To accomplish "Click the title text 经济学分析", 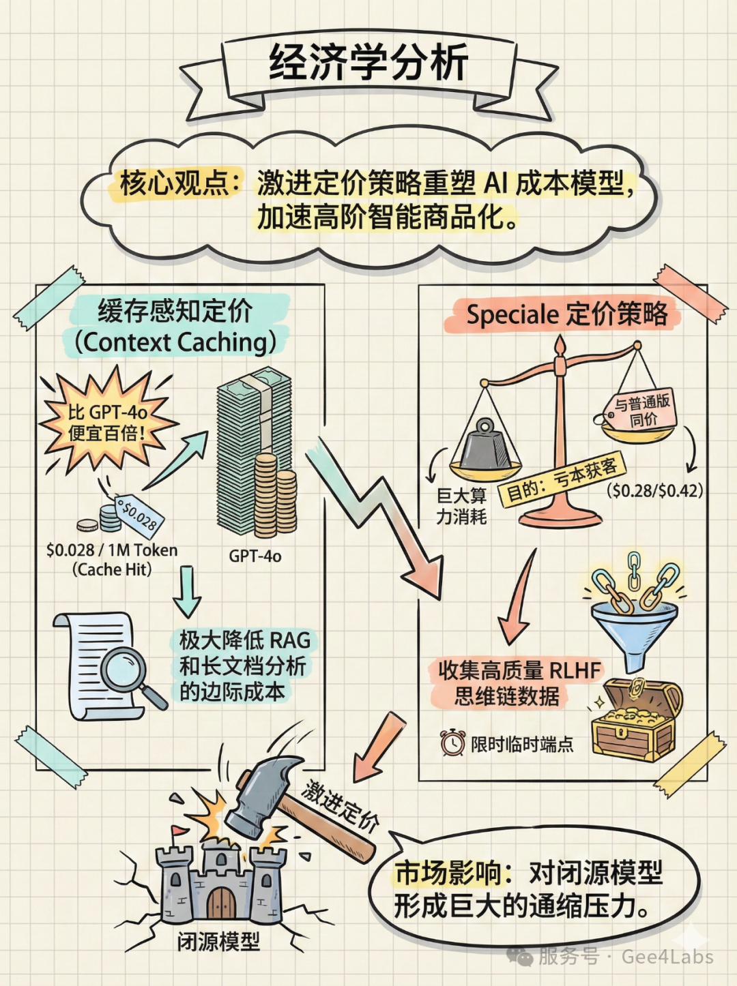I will [x=368, y=63].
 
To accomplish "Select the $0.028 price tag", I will [x=139, y=515].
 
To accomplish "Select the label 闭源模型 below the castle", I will [x=218, y=942].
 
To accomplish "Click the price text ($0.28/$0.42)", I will [x=654, y=490].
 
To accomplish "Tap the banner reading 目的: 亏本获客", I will [x=561, y=481].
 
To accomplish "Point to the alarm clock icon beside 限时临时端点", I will [x=452, y=743].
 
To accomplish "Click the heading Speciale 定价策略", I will [x=566, y=314].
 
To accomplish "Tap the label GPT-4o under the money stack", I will [x=255, y=556].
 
